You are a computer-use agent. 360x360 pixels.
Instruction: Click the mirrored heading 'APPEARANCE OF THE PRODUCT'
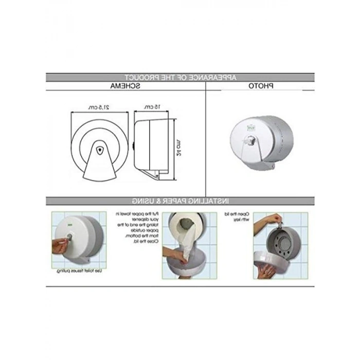[x=180, y=77]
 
